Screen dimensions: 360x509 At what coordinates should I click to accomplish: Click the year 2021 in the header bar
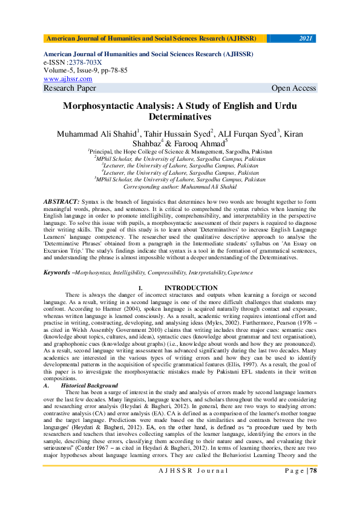(306, 39)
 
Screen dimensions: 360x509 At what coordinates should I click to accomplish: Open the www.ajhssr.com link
(68, 79)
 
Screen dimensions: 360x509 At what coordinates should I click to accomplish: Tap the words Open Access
(293, 88)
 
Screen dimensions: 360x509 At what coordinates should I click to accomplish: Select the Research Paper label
(70, 88)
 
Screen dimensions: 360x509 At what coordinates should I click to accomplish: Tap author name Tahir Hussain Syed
(176, 133)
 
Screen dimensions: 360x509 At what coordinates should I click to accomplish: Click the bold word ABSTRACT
(61, 200)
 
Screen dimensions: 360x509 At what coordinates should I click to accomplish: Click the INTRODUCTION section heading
(191, 288)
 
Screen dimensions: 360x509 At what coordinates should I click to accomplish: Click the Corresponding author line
(180, 187)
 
